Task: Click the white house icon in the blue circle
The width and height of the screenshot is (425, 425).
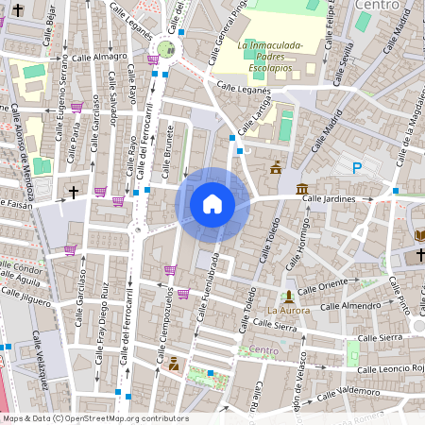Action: tap(212, 203)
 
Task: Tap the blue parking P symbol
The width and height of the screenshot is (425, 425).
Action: tap(357, 168)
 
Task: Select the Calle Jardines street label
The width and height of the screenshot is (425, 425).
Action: tap(329, 199)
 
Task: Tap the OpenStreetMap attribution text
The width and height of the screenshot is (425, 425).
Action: tap(94, 418)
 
